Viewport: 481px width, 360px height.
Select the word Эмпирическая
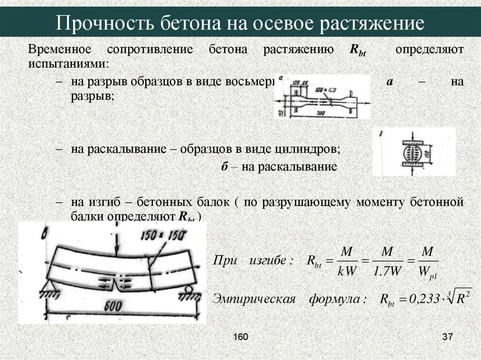tap(254, 299)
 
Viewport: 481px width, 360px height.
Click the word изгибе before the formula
tap(268, 260)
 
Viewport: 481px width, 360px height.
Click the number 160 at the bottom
tap(240, 337)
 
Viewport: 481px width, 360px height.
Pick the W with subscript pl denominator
tap(428, 273)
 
